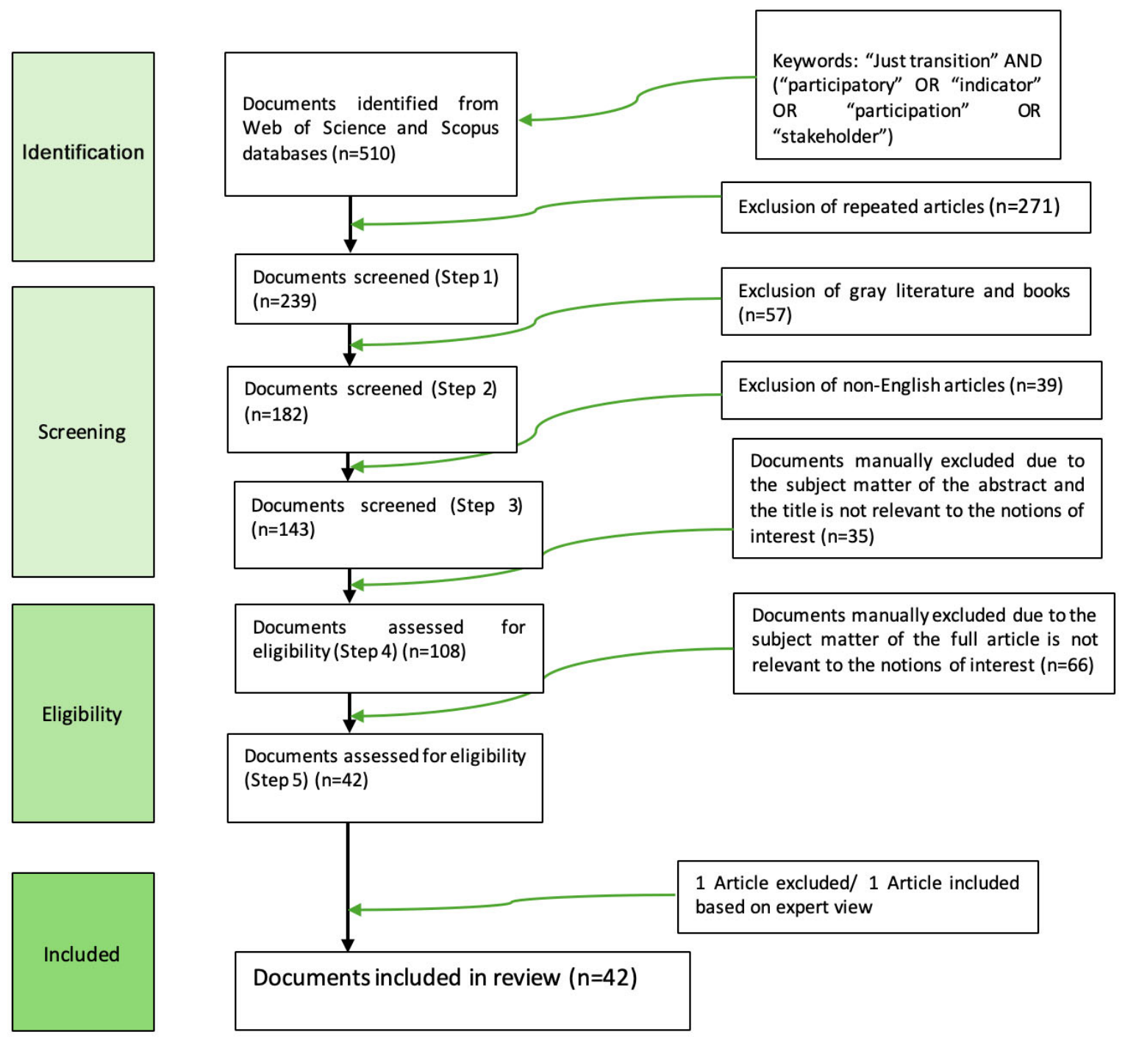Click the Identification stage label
tap(83, 152)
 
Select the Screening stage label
tap(82, 431)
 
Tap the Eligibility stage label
tap(82, 714)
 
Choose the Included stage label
tap(82, 954)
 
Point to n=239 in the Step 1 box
tap(285, 301)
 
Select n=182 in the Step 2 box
tap(276, 415)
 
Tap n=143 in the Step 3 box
tap(283, 530)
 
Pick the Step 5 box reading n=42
tap(385, 777)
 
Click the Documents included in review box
tap(462, 990)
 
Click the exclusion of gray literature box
tap(905, 301)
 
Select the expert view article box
tap(857, 896)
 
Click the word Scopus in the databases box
tap(469, 128)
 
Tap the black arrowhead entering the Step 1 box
tap(350, 245)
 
